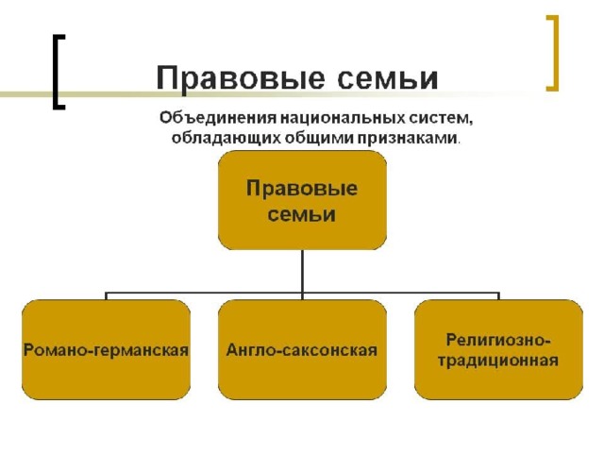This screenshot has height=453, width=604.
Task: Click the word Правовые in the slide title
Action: pyautogui.click(x=241, y=78)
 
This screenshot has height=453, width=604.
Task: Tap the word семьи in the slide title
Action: pyautogui.click(x=388, y=78)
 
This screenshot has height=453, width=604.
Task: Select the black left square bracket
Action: pyautogui.click(x=59, y=72)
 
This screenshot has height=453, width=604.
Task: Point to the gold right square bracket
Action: pyautogui.click(x=552, y=53)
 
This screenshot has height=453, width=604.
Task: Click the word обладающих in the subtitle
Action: pyautogui.click(x=226, y=138)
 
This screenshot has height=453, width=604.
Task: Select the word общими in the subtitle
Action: pyautogui.click(x=321, y=138)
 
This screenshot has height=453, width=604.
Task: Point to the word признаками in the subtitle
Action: pyautogui.click(x=409, y=138)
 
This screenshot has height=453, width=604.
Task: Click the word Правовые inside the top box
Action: pyautogui.click(x=302, y=189)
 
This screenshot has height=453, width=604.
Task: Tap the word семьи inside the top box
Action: pyautogui.click(x=302, y=214)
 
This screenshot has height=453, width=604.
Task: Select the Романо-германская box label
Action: pyautogui.click(x=106, y=350)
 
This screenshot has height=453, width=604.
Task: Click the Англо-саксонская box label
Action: pyautogui.click(x=302, y=350)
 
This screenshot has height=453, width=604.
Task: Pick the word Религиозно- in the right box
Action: pyautogui.click(x=498, y=340)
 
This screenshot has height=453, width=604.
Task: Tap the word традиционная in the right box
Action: pyautogui.click(x=498, y=361)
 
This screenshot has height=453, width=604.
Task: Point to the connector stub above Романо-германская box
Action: pyautogui.click(x=106, y=295)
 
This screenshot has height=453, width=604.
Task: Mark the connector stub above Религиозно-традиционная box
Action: pyautogui.click(x=499, y=295)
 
